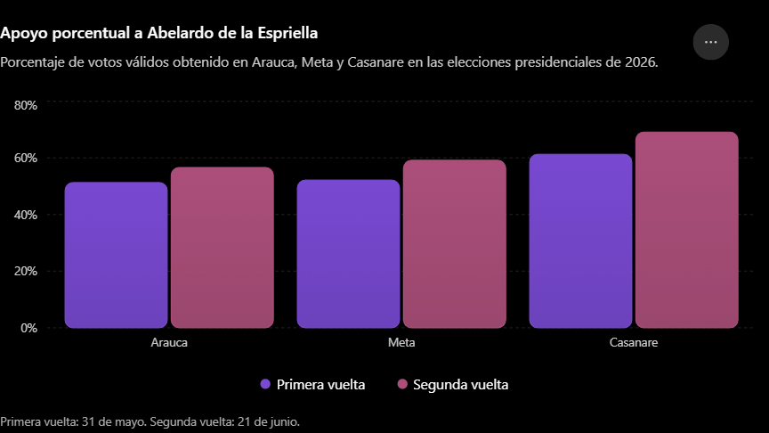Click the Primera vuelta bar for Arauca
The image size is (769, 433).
pos(117,255)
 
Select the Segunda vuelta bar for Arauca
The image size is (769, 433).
pos(223,248)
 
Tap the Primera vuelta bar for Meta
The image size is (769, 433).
pos(348,254)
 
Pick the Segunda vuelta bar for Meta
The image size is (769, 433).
pos(455,243)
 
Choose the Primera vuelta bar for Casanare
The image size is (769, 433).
pos(580,241)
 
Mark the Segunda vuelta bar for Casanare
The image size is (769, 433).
pos(686,230)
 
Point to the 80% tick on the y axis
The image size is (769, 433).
pos(26,105)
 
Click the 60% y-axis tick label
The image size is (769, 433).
pos(26,158)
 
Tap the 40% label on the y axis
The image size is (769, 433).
pos(26,215)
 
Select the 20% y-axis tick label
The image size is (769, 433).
pos(26,271)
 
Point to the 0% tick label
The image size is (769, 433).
pos(28,328)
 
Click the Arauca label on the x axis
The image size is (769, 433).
pos(169,342)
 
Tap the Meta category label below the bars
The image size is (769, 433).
pos(401,342)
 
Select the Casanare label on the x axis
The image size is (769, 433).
pos(634,342)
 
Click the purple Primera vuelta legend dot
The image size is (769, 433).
pos(265,384)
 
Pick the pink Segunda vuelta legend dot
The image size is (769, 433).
pos(402,384)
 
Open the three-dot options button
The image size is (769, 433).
pos(710,42)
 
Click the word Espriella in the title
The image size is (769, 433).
pos(287,33)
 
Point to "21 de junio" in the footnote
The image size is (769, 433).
pos(268,421)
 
